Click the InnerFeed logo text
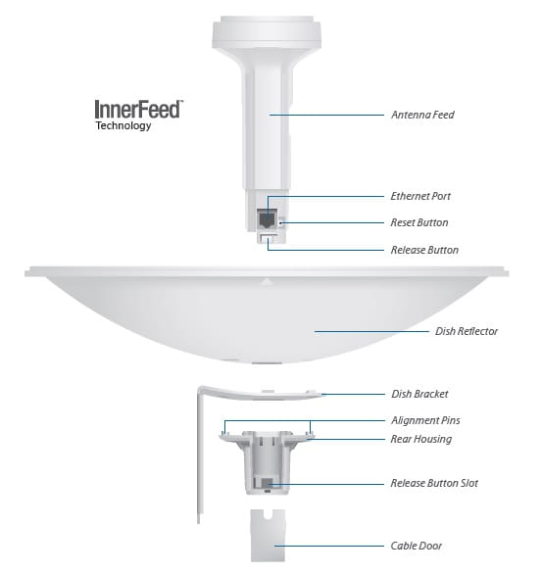138,109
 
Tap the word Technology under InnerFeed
123,125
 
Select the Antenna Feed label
422,115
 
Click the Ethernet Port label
420,196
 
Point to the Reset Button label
419,222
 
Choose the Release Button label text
424,250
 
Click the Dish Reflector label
467,331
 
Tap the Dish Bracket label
419,394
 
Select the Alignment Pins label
425,420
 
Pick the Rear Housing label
421,439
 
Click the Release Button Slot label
434,483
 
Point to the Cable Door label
417,546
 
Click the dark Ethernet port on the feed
267,218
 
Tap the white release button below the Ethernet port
269,239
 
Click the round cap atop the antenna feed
267,32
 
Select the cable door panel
268,535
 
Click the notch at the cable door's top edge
268,514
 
